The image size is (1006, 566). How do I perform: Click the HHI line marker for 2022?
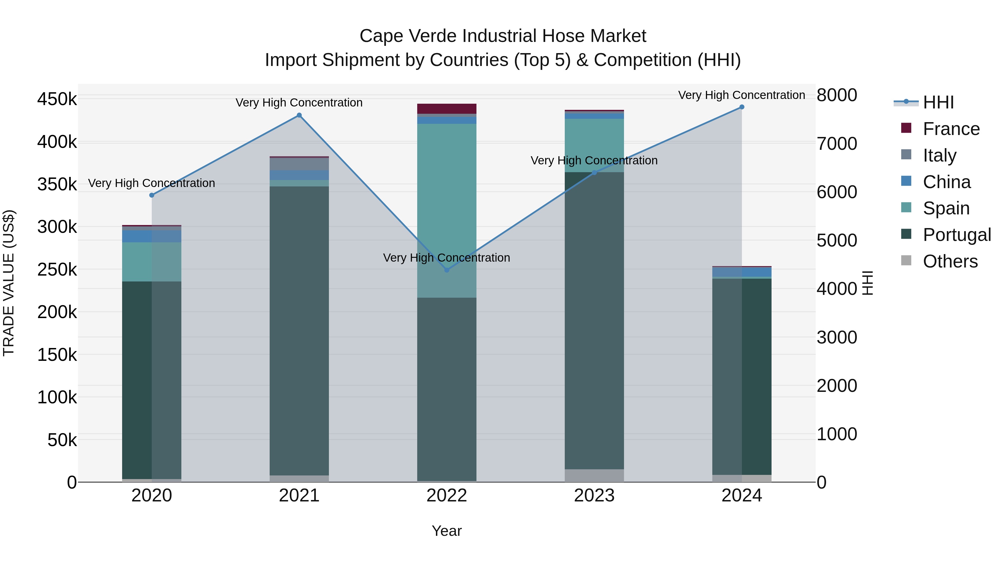447,270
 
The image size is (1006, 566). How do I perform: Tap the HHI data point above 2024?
742,107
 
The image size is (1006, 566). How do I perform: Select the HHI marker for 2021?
299,115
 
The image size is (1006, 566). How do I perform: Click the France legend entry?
951,129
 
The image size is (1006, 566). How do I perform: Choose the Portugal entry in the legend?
957,235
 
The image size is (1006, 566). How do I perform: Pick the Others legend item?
950,261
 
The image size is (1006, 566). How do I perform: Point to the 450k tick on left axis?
57,99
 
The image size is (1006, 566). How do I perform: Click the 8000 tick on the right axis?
836,95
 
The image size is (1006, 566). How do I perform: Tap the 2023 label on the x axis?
594,496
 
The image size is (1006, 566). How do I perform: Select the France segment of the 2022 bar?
447,109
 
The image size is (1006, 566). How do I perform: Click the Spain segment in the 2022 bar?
447,211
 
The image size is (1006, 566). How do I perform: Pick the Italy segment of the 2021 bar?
299,164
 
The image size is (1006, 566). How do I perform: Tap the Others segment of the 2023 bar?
594,475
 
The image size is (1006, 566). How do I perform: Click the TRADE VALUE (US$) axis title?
9,283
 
